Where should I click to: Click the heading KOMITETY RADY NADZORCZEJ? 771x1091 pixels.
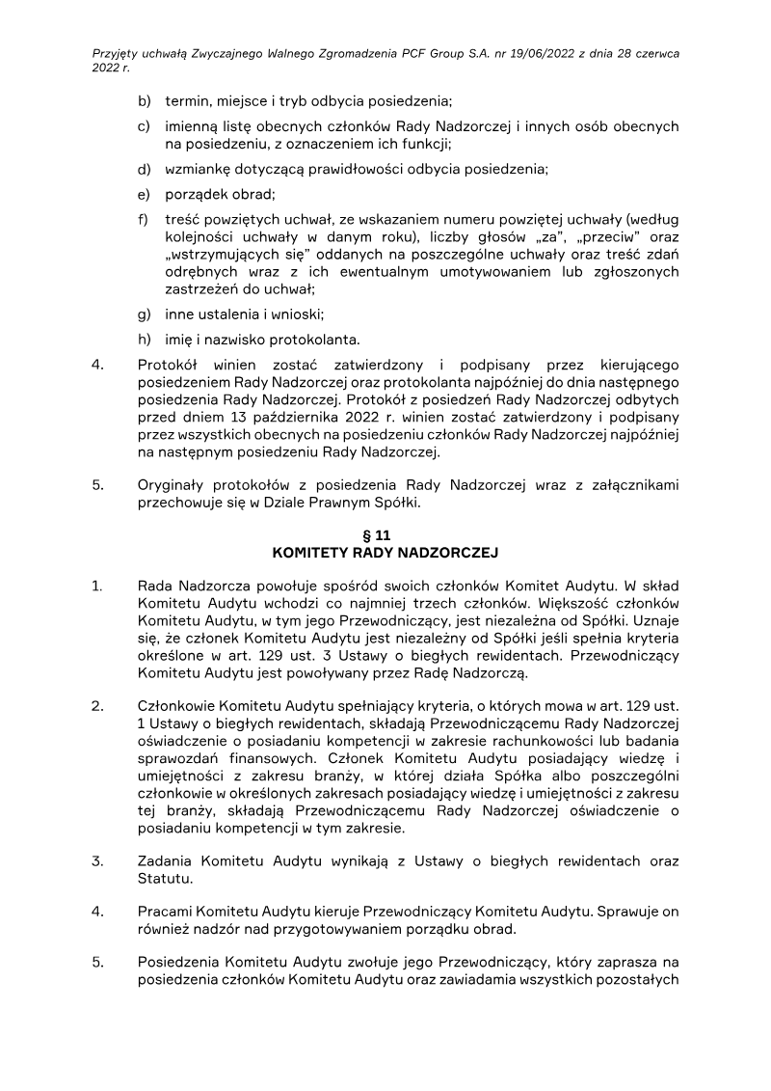[385, 555]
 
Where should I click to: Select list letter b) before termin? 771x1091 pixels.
[145, 100]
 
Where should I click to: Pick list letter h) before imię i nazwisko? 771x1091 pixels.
[145, 339]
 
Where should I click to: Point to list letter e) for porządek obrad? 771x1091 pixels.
[145, 195]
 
